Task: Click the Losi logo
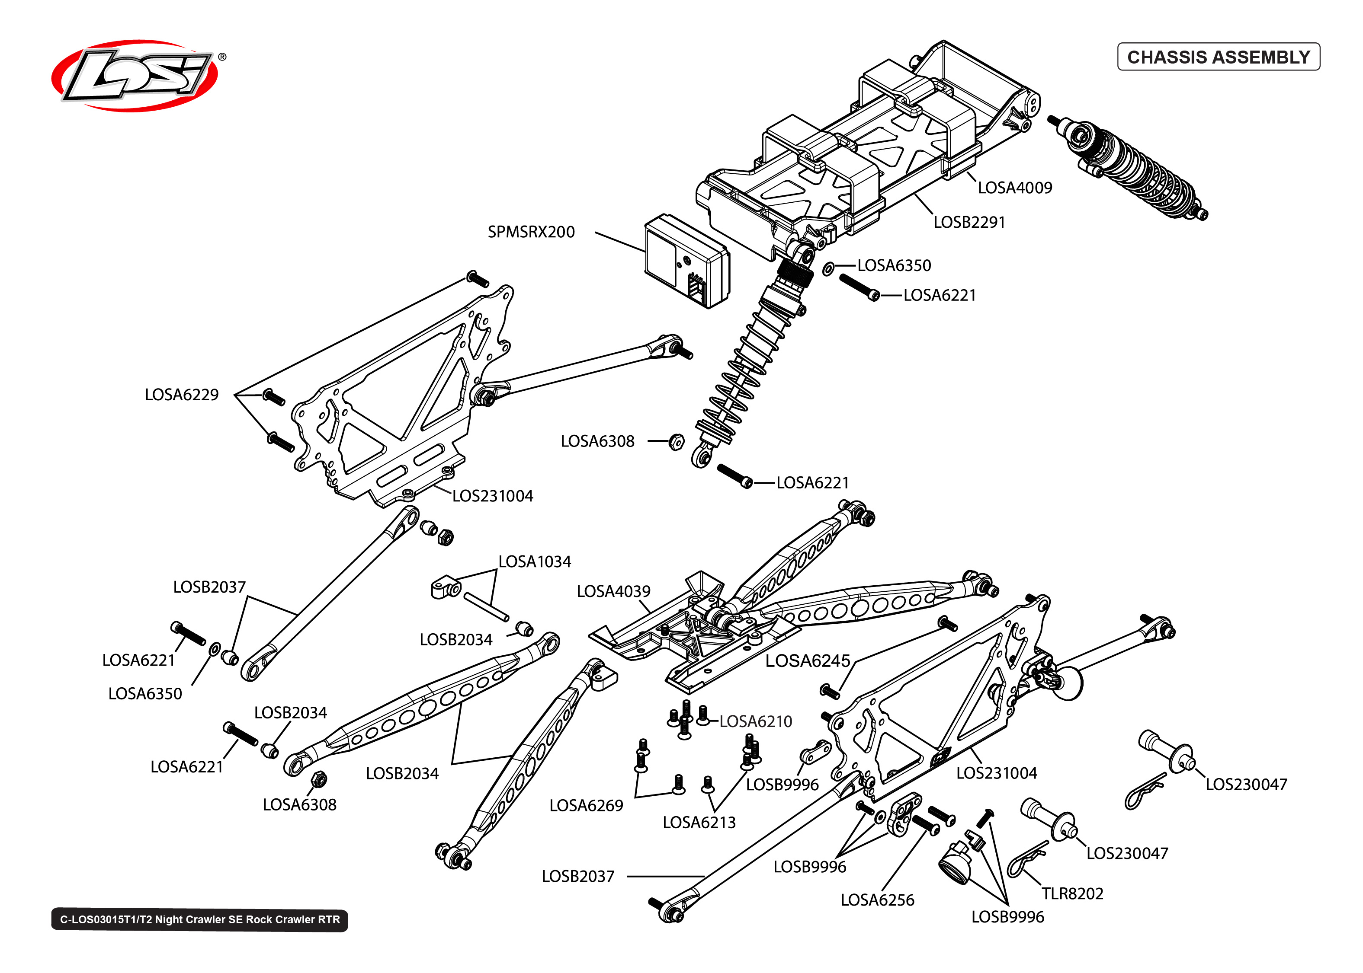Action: tap(135, 76)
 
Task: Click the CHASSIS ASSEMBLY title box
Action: tap(1218, 57)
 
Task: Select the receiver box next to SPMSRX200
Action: tap(686, 261)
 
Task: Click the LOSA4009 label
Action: tap(1014, 188)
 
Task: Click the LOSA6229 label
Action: tap(182, 395)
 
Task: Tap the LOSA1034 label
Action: tap(535, 562)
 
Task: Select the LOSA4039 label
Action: tap(613, 592)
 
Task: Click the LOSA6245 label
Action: tap(807, 661)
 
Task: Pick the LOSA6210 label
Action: tap(755, 721)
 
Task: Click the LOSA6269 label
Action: tap(586, 806)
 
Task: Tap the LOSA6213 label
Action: tap(699, 823)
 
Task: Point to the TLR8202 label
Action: tap(1072, 894)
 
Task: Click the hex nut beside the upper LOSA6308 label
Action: tap(676, 442)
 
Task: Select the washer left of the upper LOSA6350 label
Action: tap(828, 268)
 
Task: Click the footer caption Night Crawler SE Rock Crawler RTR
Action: tap(199, 920)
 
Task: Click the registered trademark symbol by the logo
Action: tap(222, 57)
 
